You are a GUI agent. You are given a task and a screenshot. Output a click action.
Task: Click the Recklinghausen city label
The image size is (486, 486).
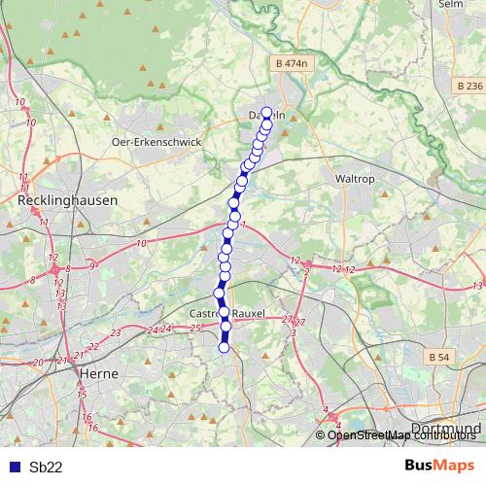coord(68,199)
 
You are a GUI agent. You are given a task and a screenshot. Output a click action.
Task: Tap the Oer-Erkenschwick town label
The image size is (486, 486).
coord(156,141)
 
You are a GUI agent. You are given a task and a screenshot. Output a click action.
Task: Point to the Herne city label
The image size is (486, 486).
coord(98,372)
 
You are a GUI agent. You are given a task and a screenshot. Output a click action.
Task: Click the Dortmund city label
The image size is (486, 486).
coord(446,428)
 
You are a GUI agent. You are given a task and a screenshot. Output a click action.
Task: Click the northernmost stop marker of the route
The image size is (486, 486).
coord(266,112)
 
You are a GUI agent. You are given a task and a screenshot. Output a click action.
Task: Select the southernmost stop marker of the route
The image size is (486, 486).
coord(225,347)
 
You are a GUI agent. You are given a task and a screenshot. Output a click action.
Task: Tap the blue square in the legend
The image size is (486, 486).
coord(12,467)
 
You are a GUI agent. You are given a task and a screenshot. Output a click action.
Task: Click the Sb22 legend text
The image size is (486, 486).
coord(46,467)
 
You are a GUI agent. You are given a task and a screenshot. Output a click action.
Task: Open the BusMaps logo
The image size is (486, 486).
coord(440,466)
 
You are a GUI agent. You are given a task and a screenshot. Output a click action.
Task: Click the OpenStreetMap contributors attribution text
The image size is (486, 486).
coord(402,435)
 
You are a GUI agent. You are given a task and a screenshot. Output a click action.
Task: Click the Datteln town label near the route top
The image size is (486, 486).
coord(262,117)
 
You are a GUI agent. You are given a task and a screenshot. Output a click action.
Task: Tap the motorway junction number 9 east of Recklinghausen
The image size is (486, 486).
coord(92,264)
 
